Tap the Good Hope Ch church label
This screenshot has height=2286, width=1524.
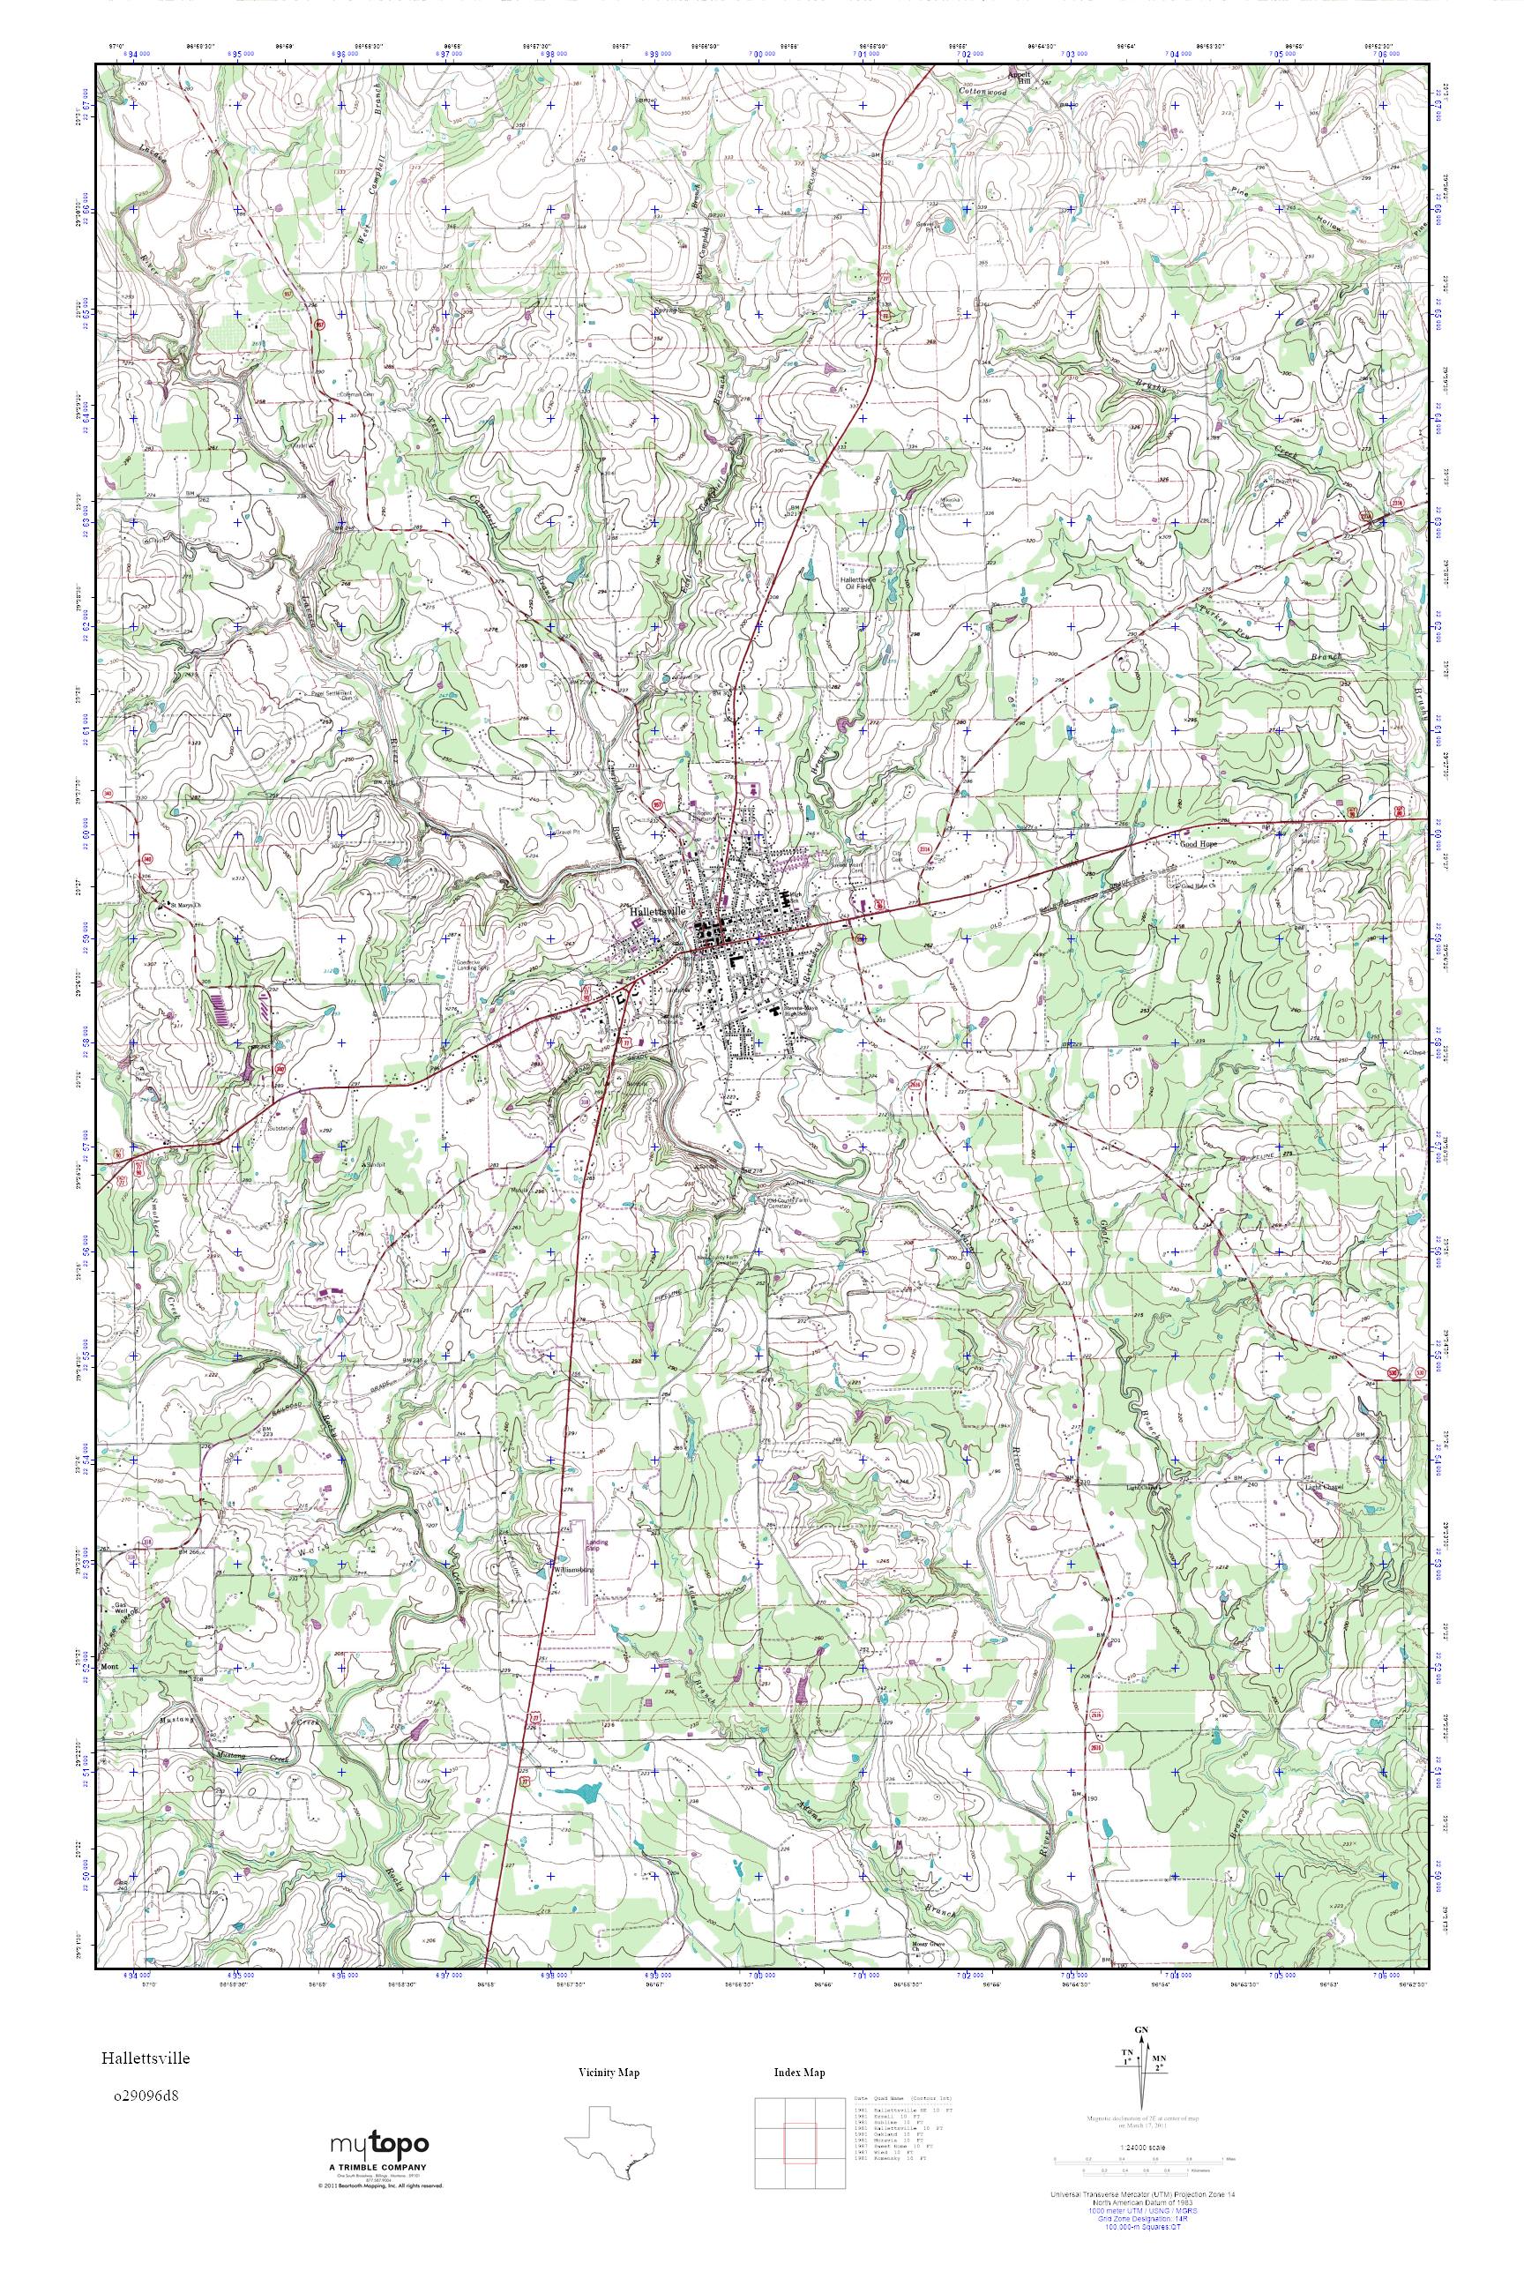(1197, 885)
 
